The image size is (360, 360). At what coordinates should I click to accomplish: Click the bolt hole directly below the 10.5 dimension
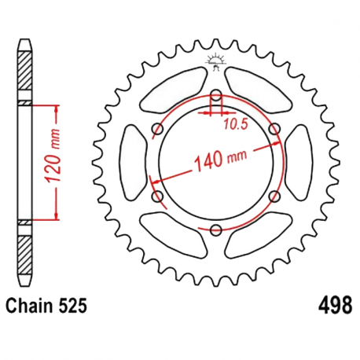click(215, 97)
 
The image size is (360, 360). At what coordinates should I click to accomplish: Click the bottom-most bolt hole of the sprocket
click(215, 230)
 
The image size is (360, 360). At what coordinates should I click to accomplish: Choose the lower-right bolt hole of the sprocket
click(274, 196)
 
